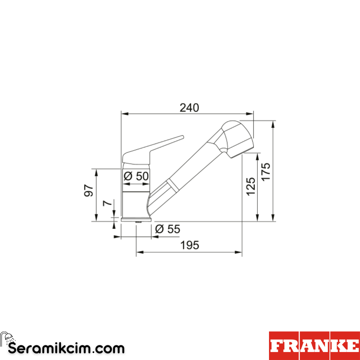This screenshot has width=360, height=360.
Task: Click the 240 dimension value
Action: (189, 108)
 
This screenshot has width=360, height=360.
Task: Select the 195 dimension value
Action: (190, 245)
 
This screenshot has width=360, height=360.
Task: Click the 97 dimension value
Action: (89, 190)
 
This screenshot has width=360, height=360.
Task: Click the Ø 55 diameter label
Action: (168, 229)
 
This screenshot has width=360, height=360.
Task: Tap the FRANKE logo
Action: (314, 346)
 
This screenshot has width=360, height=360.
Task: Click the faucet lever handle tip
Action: (182, 137)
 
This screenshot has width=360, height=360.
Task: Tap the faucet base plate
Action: (136, 219)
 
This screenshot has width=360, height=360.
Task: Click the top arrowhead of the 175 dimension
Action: (273, 123)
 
